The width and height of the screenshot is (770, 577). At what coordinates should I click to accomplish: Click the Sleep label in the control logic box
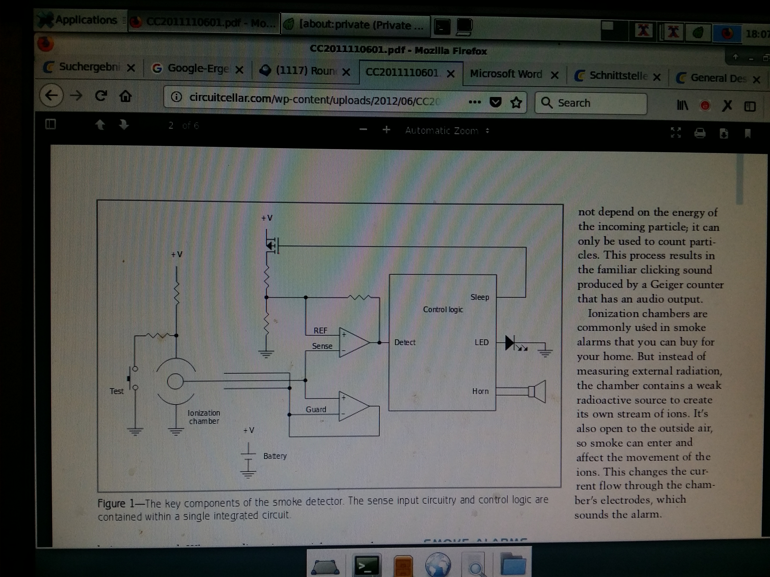coord(479,297)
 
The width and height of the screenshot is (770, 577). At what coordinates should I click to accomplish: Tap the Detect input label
coord(405,342)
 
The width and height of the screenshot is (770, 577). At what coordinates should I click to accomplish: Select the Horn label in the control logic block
coord(480,391)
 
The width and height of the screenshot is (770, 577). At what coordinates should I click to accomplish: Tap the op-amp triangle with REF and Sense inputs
coord(354,342)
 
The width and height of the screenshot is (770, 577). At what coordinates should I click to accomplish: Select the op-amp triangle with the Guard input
coord(354,406)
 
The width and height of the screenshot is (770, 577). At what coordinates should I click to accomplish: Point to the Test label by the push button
coord(117,391)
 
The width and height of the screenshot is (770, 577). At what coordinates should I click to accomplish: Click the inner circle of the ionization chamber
coord(175,381)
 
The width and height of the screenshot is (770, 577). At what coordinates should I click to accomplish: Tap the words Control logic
coord(443,309)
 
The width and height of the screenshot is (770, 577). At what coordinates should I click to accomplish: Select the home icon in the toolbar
coord(125,96)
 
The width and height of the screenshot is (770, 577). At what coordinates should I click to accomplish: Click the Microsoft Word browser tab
coord(506,74)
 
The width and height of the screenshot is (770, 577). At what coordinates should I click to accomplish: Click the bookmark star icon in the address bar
coord(516,103)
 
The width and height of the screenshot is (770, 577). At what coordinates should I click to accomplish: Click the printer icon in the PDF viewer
coord(700,133)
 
